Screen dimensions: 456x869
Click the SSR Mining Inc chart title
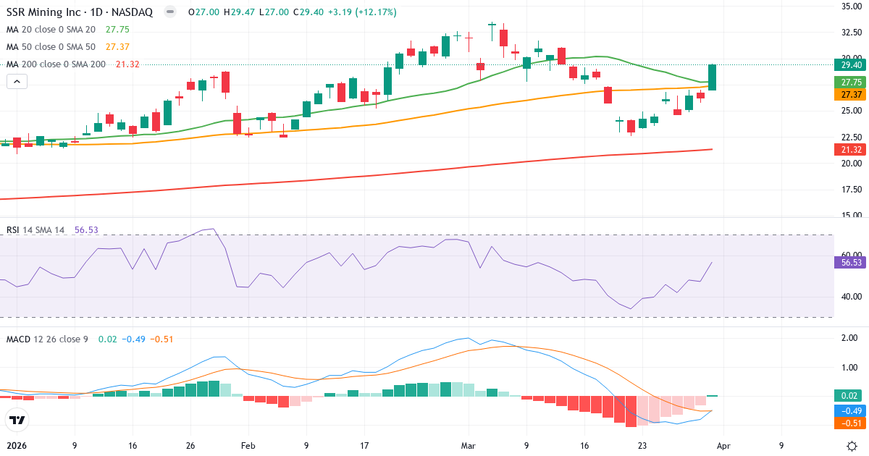pos(80,12)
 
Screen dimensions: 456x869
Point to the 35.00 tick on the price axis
pos(850,6)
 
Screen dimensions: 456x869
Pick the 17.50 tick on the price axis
pos(850,189)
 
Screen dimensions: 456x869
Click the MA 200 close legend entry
pos(56,64)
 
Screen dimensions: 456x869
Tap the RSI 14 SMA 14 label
pos(35,230)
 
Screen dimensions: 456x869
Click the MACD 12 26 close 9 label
pos(47,339)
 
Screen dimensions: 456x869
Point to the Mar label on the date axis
pos(468,446)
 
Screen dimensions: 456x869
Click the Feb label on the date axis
pos(248,446)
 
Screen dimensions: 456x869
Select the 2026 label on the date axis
pos(17,446)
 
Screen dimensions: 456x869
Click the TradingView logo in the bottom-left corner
pos(17,420)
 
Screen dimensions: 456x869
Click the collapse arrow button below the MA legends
pos(17,82)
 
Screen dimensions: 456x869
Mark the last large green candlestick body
pos(713,77)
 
